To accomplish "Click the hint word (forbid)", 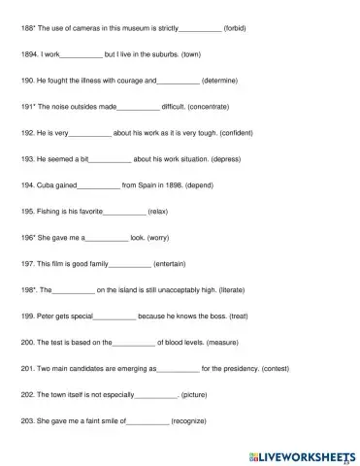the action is [234, 29].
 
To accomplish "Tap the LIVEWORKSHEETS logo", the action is [304, 454].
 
